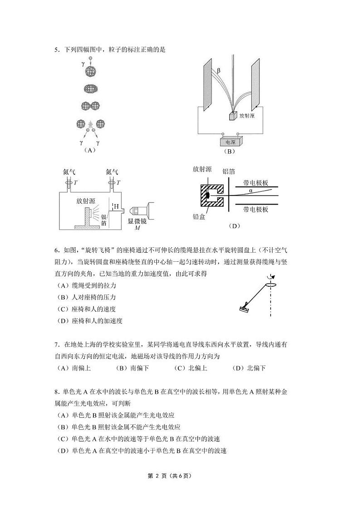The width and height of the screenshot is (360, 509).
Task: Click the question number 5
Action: pos(56,49)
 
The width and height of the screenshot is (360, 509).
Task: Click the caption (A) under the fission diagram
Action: pos(90,150)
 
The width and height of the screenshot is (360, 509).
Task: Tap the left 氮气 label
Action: pos(70,172)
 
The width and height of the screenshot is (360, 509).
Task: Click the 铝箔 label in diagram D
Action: pos(229,171)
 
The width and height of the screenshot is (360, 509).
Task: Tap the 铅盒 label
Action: pos(199,217)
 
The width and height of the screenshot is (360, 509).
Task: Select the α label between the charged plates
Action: pos(250,191)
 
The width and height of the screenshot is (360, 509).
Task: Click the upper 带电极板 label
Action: pos(256,183)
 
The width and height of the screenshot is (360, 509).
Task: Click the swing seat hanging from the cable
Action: pos(244,308)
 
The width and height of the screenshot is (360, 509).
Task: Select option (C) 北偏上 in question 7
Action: pos(190,368)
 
